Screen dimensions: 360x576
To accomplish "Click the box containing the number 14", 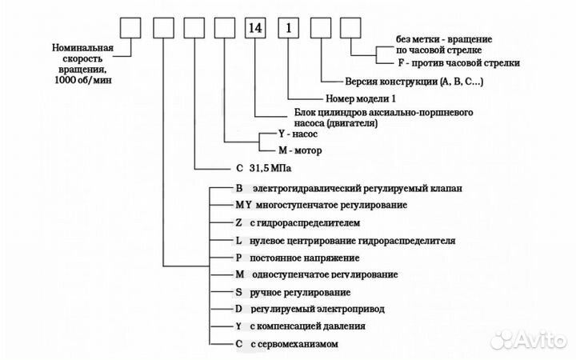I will click(x=256, y=28).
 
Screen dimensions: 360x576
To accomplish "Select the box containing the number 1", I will click(x=288, y=28).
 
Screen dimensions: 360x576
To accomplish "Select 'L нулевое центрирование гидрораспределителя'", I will click(x=344, y=240).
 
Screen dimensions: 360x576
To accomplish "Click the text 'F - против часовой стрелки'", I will click(x=458, y=62).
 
